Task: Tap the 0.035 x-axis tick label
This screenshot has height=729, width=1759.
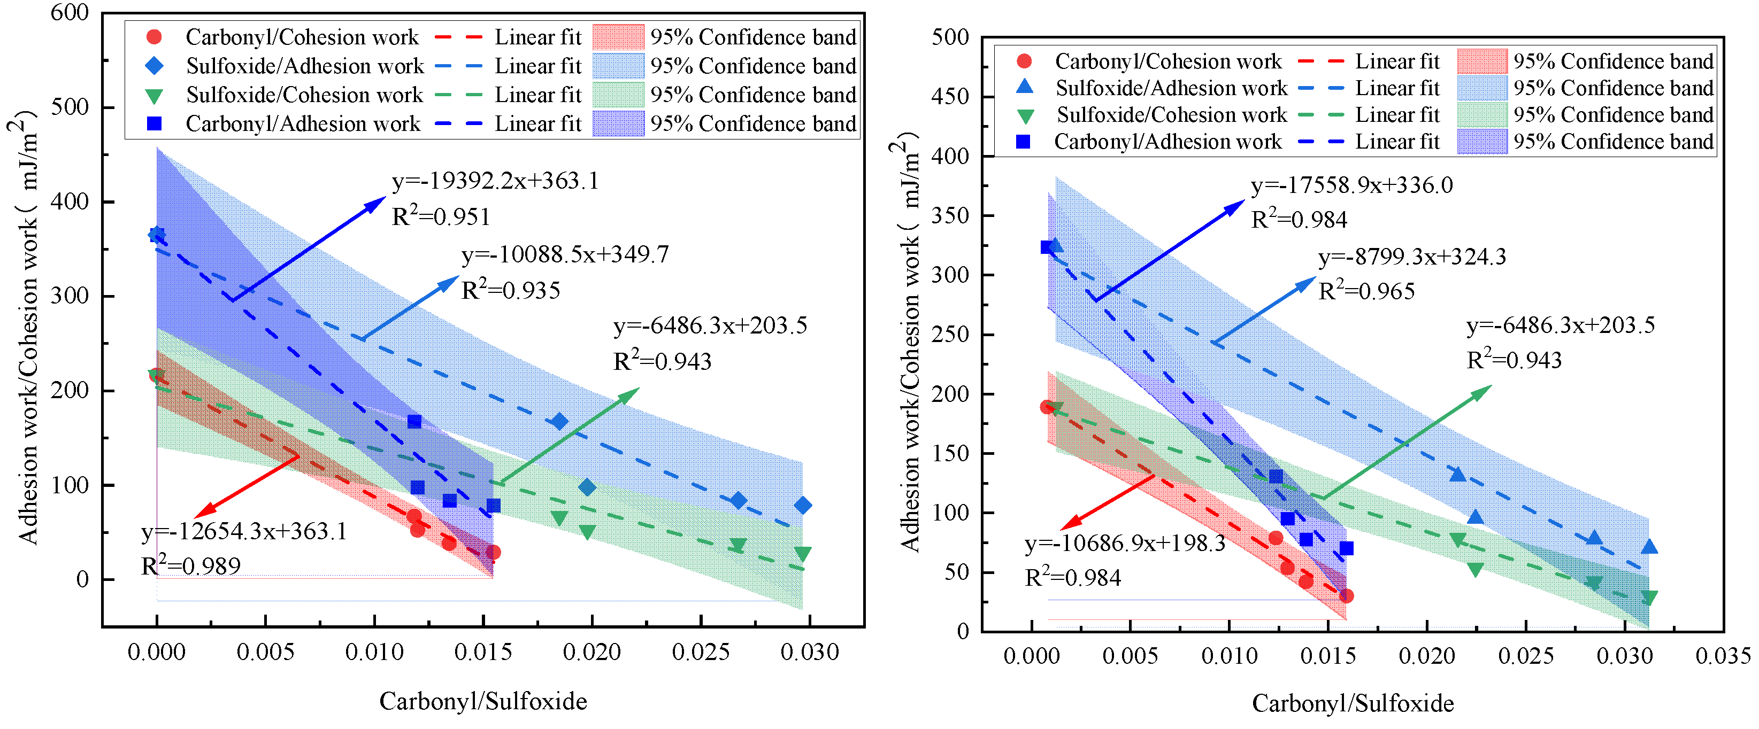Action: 1723,656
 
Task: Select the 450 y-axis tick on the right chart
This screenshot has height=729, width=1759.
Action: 950,97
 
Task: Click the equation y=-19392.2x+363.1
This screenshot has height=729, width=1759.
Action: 495,182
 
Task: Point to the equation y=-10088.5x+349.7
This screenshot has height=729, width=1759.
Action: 565,254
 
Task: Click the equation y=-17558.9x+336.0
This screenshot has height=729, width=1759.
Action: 1351,185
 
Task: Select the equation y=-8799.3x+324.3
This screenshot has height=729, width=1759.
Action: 1412,257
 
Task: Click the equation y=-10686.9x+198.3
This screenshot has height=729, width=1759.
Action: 1125,544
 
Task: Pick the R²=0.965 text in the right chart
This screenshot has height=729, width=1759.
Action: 1366,291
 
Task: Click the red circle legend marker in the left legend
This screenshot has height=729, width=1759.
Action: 155,37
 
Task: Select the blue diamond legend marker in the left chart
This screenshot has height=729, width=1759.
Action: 155,66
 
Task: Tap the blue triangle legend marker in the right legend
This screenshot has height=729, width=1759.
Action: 1024,87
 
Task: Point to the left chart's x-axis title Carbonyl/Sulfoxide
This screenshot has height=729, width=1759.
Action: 483,701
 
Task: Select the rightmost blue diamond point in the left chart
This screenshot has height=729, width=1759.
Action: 803,506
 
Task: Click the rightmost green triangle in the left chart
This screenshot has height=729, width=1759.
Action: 803,554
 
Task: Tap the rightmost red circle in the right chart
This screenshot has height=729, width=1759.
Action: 1346,596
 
